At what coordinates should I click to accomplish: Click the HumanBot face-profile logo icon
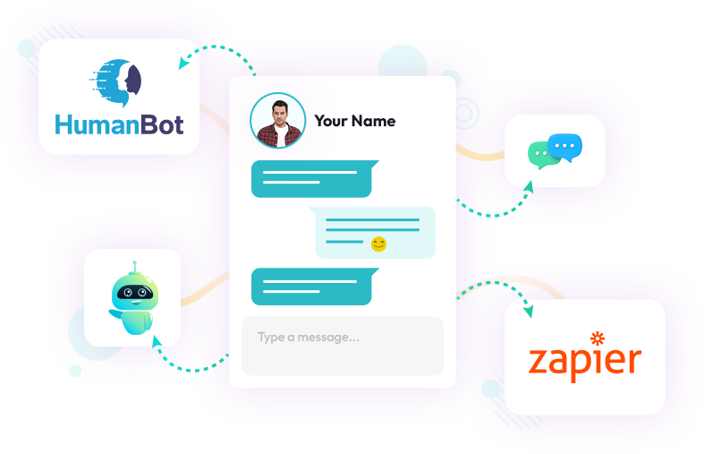tap(118, 81)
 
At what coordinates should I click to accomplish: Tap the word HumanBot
tap(118, 123)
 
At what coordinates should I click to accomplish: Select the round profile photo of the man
tap(277, 120)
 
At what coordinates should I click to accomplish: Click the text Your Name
tap(355, 121)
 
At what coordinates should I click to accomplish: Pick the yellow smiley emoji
tap(378, 244)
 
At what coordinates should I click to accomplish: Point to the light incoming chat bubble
tap(375, 232)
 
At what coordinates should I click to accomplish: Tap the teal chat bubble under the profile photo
tap(313, 178)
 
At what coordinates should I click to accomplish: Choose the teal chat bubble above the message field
tap(310, 287)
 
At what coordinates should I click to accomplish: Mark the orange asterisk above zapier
tap(598, 338)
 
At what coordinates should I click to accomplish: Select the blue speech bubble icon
tap(564, 145)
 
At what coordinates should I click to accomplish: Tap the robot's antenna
tap(134, 267)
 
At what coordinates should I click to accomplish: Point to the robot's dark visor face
tap(134, 293)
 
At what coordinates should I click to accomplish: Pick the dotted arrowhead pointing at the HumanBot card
tap(183, 64)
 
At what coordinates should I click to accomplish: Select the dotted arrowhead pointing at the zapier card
tap(528, 312)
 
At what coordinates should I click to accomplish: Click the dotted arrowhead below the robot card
tap(156, 341)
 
